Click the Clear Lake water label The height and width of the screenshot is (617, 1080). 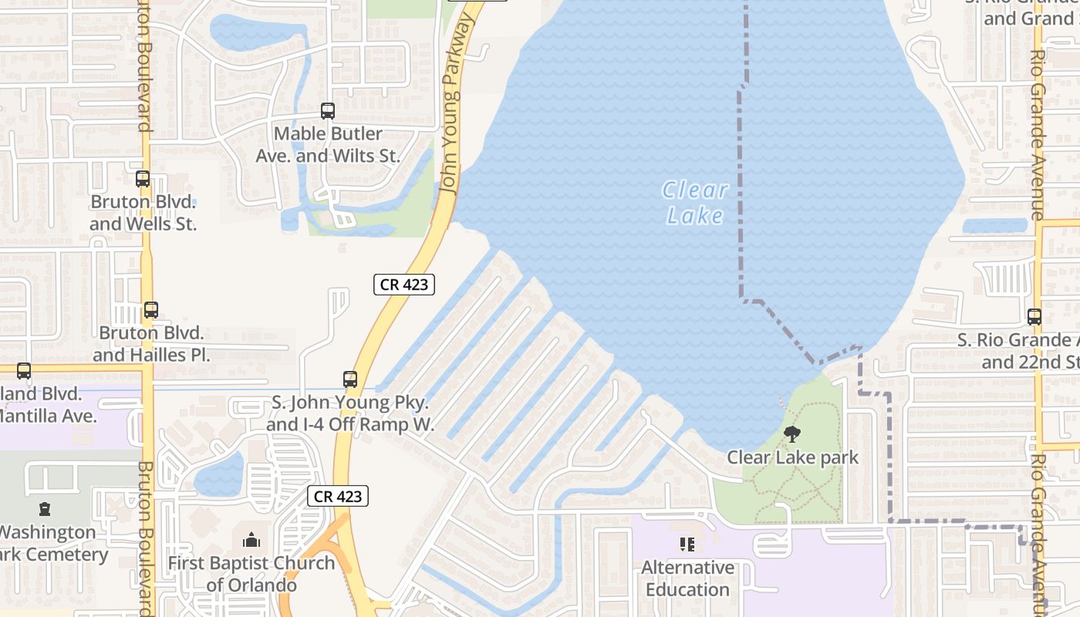point(695,202)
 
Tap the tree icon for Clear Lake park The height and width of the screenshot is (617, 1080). point(792,434)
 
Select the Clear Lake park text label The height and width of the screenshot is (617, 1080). point(792,457)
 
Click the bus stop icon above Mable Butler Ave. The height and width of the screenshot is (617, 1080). point(328,111)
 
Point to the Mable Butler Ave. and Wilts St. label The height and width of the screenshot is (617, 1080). point(328,145)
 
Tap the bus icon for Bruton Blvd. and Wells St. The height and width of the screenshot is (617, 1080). point(143,179)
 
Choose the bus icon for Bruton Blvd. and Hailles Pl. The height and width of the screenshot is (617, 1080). point(151,310)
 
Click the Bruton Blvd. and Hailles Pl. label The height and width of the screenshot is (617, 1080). point(151,344)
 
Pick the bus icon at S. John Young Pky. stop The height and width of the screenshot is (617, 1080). point(350,379)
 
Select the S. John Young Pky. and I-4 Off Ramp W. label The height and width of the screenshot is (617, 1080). point(350,413)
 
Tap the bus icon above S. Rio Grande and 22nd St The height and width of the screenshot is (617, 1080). point(1034,316)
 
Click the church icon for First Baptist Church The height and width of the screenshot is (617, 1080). point(251,540)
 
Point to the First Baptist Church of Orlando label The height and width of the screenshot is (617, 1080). point(251,574)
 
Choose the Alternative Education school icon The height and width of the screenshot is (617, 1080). point(687,545)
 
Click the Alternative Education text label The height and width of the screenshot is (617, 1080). point(687,578)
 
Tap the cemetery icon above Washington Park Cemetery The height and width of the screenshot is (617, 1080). point(45,509)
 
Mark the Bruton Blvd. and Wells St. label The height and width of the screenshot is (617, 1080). point(143,213)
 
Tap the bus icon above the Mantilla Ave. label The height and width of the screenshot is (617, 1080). point(24,371)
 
